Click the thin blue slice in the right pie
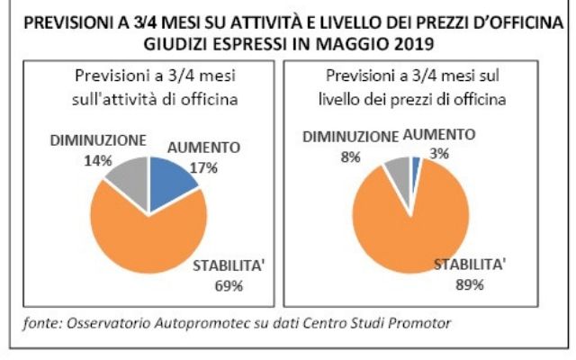pos(416,164)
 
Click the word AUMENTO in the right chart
pos(439,135)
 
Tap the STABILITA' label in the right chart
pos(469,265)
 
